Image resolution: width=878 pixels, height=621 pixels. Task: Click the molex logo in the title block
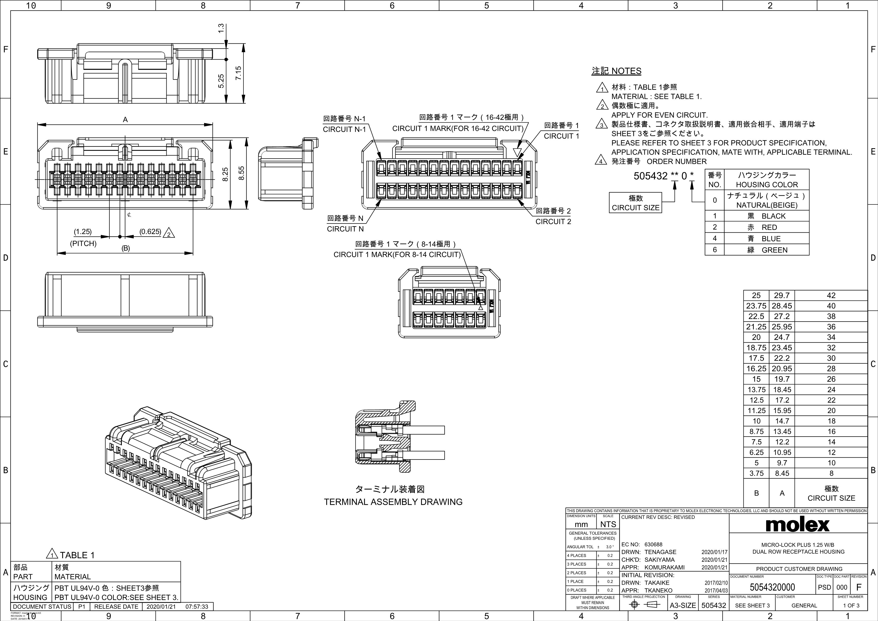click(798, 525)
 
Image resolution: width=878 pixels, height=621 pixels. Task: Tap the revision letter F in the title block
click(859, 587)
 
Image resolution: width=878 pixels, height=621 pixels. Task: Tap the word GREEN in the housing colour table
click(774, 250)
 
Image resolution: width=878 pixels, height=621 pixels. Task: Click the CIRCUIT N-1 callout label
click(344, 129)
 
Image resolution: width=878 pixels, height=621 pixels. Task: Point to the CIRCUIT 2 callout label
click(553, 221)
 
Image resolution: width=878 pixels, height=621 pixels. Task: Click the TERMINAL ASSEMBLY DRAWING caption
click(393, 502)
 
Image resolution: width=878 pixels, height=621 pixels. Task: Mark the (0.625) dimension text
click(150, 231)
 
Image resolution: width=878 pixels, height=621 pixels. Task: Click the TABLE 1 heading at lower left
click(77, 555)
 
